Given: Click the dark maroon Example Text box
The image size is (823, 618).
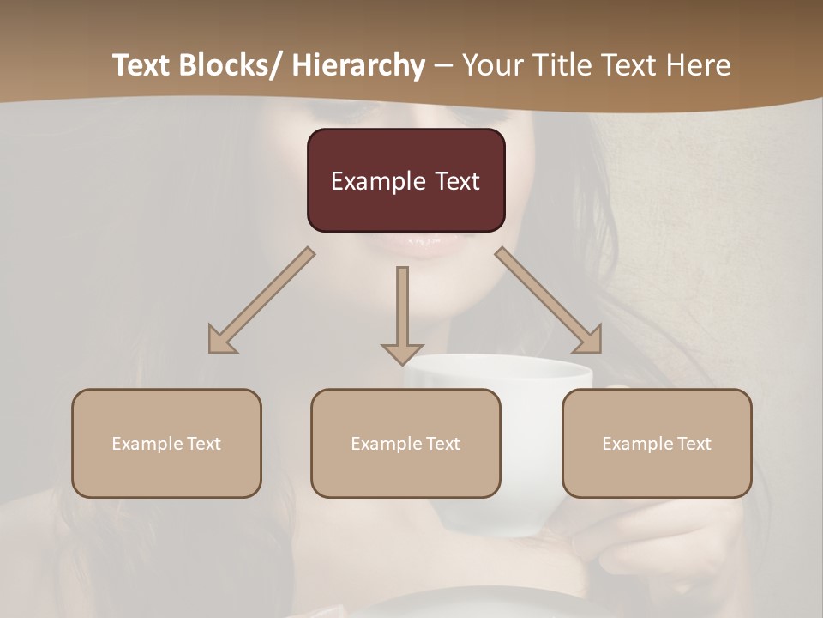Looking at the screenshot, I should coord(405,180).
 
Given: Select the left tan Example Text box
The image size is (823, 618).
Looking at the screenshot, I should coord(166,443).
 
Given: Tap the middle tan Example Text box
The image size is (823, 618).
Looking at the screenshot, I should coord(405,443).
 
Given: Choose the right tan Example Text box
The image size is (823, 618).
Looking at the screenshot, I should coord(657,443).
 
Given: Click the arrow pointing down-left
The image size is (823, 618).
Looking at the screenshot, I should coord(261,301).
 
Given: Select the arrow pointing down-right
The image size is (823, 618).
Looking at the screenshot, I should coord(550,301).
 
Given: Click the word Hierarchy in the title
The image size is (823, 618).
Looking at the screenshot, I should coord(358,65).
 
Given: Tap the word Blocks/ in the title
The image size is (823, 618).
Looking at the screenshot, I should coord(232,65).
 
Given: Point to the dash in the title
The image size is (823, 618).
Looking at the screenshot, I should coord(442,65).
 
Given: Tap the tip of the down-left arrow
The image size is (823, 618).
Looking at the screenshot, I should coord(211,350).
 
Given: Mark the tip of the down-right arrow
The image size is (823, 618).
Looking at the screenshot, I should coord(599,350).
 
